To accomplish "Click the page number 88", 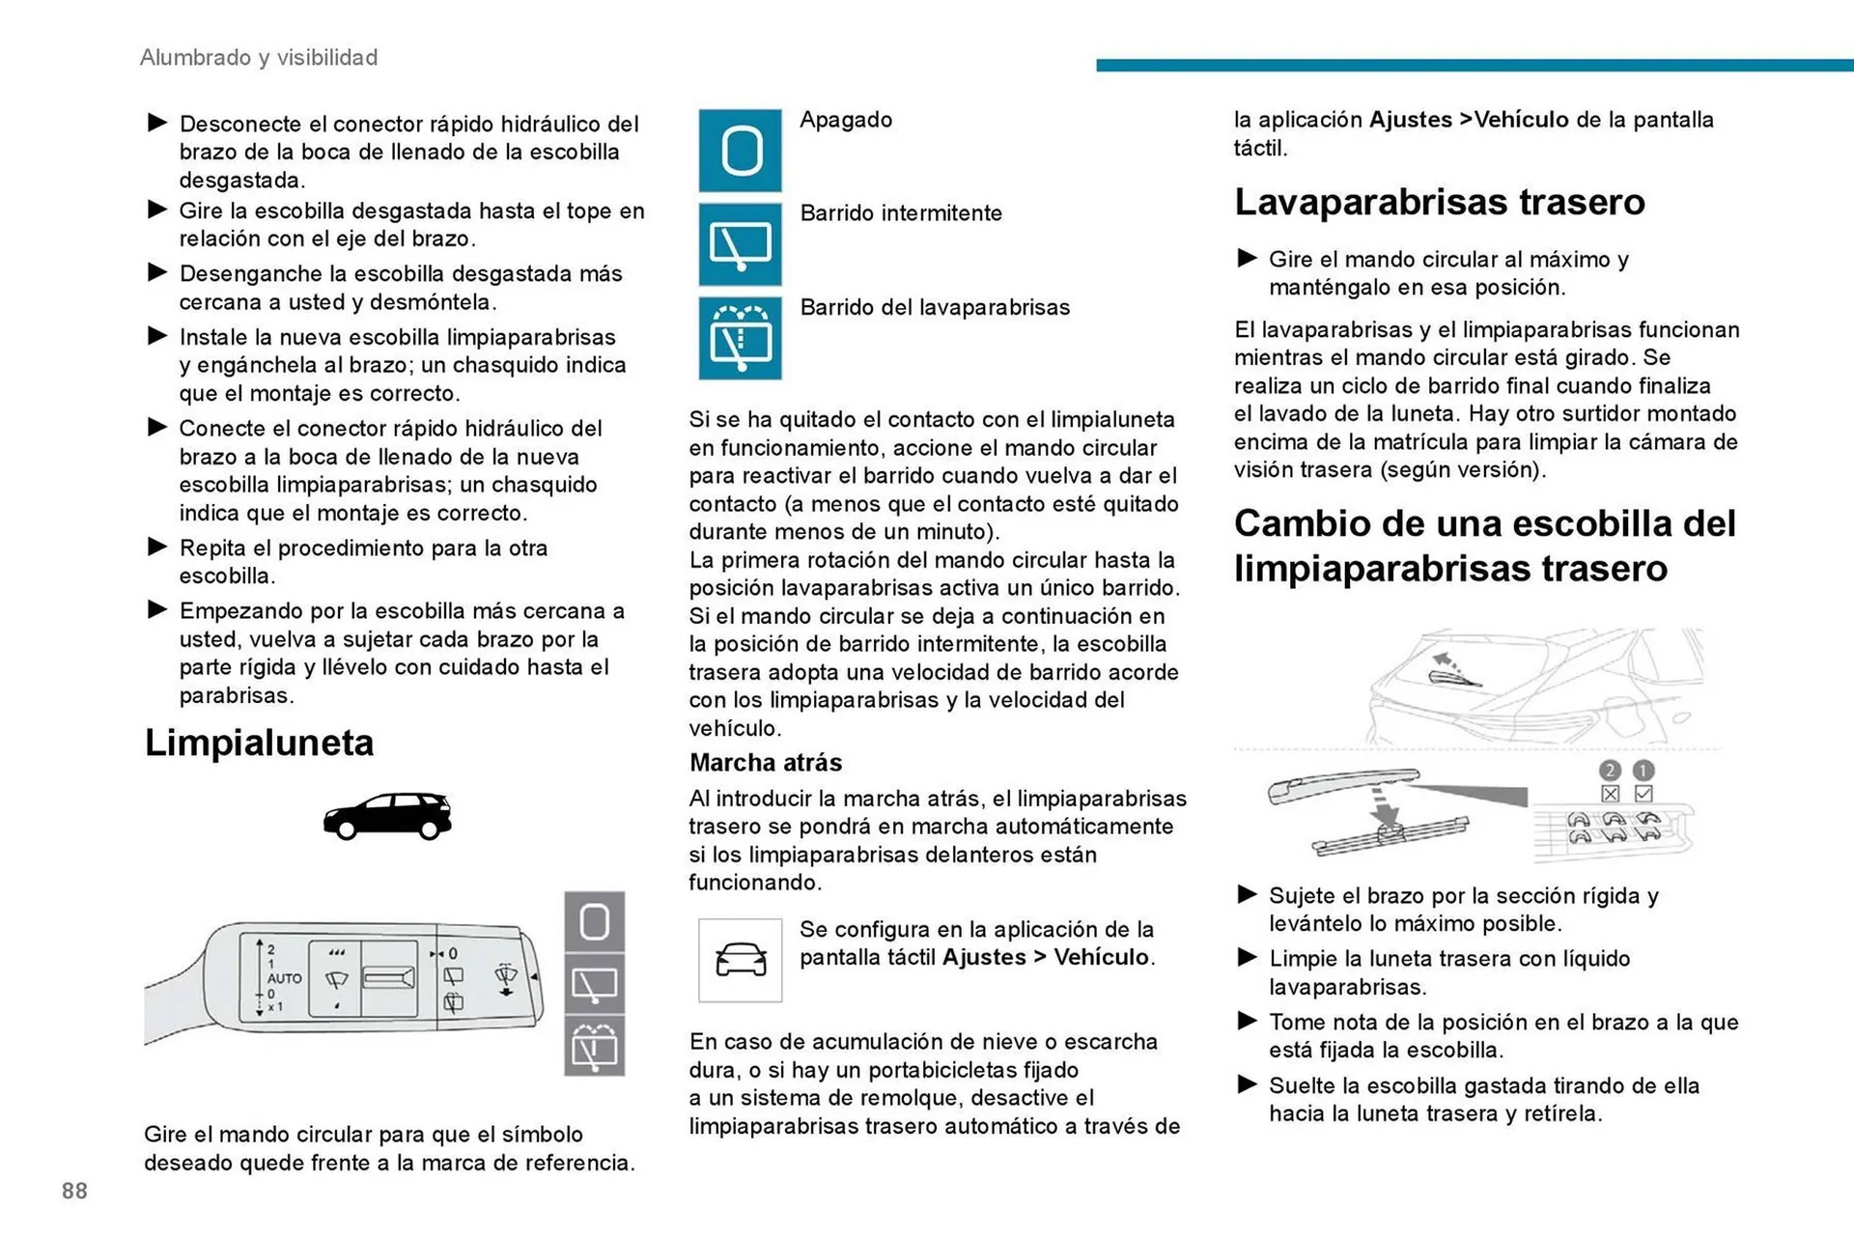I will [x=74, y=1191].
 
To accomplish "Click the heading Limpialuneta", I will [x=259, y=743].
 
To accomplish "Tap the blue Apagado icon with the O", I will [x=740, y=151].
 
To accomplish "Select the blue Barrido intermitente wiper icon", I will [x=740, y=244].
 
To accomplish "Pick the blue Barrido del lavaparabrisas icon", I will [x=740, y=338].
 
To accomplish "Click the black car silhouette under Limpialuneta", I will [x=387, y=816].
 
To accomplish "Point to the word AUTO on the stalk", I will [x=284, y=978].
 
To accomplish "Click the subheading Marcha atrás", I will [x=765, y=763].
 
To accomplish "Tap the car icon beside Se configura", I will [x=740, y=960].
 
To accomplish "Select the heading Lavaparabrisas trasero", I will [x=1439, y=202].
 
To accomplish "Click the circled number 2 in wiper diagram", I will [x=1609, y=771].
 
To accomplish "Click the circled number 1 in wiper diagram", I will [x=1643, y=771].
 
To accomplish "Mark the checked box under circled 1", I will [x=1643, y=794].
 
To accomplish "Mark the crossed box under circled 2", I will [x=1609, y=794].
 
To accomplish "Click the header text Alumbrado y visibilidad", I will [x=259, y=58].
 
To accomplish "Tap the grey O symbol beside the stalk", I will [x=594, y=922].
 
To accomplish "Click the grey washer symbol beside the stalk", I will [x=594, y=1046].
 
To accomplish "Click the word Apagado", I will [x=846, y=120].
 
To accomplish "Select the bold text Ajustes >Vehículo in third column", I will [x=1469, y=120].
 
